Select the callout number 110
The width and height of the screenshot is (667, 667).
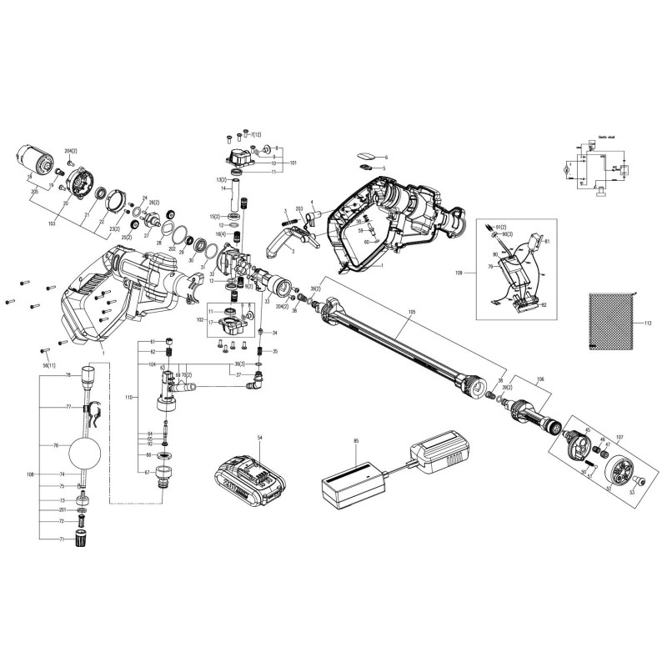(128, 397)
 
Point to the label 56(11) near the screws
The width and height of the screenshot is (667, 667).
(49, 366)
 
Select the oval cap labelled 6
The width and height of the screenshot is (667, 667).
(366, 155)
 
